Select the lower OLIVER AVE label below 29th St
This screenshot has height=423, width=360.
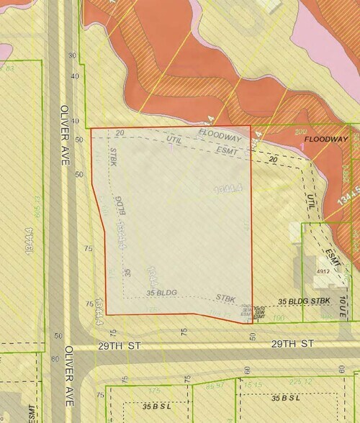pos(68,378)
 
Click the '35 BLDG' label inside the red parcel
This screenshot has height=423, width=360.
pos(161,293)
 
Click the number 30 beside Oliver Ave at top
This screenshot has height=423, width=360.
pos(72,55)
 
